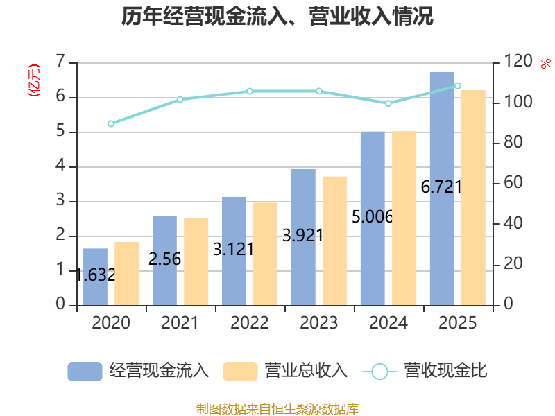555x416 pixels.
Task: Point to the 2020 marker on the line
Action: [x=111, y=123]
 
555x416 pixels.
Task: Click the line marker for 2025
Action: [x=457, y=86]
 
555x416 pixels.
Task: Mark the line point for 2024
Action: [x=388, y=103]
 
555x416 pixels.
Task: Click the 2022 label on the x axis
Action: [x=250, y=323]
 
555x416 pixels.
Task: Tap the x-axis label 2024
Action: [x=388, y=323]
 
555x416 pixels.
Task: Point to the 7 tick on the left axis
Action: [x=60, y=62]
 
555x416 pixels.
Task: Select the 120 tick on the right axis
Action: [x=518, y=62]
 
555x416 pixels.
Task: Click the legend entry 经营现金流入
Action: [x=139, y=371]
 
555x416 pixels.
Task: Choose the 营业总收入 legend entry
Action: [x=286, y=371]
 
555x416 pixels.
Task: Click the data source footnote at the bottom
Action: [x=277, y=408]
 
